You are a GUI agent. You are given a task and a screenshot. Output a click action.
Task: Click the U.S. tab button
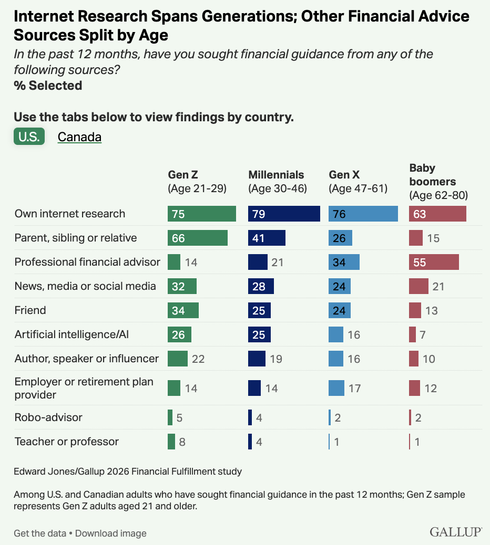(29, 137)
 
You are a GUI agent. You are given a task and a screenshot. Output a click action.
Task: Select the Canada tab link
(79, 137)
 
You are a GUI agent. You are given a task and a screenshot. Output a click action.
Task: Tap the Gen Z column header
(197, 182)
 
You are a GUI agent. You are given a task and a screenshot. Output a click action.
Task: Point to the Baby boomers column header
(438, 182)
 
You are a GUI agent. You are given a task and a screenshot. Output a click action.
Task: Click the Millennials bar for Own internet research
(284, 214)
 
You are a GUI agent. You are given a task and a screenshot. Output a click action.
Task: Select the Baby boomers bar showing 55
(434, 262)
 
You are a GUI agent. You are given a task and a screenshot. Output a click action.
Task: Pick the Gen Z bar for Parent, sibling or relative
(198, 238)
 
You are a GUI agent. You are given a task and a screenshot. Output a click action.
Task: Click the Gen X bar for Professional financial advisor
(344, 262)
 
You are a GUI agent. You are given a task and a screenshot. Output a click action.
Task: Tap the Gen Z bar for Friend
(183, 310)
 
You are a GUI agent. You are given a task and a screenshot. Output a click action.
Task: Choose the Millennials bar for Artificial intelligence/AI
(259, 334)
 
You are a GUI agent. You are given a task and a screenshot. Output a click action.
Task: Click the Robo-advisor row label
(48, 417)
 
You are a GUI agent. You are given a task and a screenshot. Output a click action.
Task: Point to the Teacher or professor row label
(66, 442)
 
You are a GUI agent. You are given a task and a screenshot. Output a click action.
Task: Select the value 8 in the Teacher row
(182, 442)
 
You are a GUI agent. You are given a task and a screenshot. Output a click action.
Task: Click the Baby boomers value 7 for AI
(423, 334)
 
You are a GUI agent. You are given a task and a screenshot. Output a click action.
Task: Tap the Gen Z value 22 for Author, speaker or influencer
(198, 359)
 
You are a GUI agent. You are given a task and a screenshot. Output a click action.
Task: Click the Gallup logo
(456, 532)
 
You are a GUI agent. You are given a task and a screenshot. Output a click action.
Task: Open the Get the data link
(40, 533)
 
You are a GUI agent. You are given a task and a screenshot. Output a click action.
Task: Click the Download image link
(110, 533)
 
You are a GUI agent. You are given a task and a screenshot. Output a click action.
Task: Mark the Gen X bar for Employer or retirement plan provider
(336, 388)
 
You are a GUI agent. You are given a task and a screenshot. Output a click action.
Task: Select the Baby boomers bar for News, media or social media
(418, 286)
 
